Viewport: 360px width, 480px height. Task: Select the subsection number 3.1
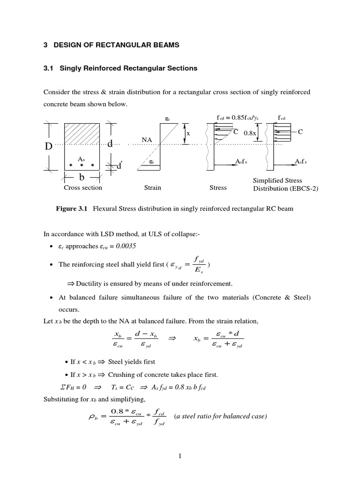pyautogui.click(x=49, y=68)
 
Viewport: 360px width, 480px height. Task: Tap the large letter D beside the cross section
pyautogui.click(x=48, y=146)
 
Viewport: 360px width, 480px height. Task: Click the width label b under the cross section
pyautogui.click(x=82, y=178)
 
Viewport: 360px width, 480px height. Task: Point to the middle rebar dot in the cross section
pyautogui.click(x=82, y=165)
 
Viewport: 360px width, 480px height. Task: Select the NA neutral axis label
pyautogui.click(x=146, y=139)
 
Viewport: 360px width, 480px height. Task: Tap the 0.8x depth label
pyautogui.click(x=251, y=133)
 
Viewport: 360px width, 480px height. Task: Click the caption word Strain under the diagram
pyautogui.click(x=152, y=187)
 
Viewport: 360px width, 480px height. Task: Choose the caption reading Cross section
pyautogui.click(x=83, y=187)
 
